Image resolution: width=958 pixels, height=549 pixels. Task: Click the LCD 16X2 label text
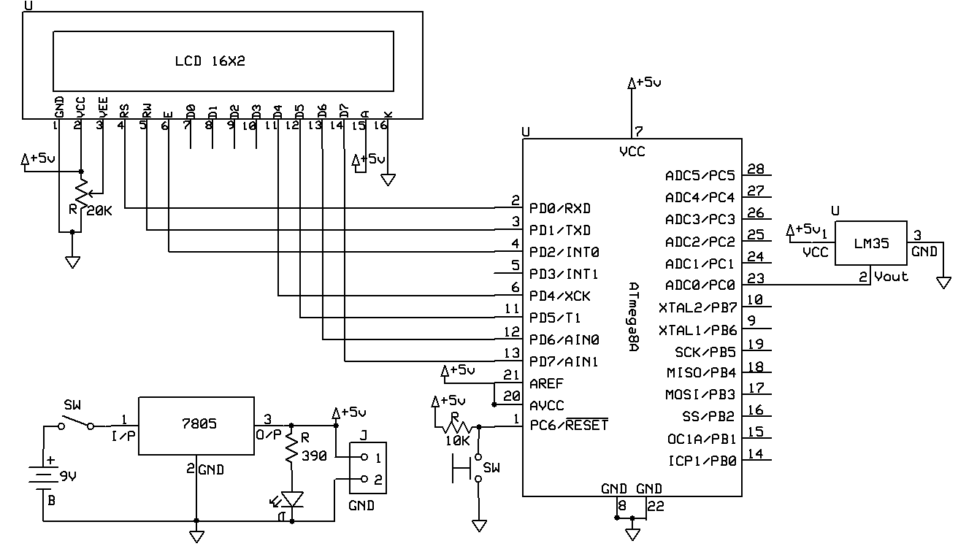tap(210, 61)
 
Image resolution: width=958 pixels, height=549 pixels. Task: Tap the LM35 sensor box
tap(870, 244)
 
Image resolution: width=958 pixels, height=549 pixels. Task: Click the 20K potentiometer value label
tap(100, 210)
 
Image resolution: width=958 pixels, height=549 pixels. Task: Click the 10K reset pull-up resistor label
tap(456, 441)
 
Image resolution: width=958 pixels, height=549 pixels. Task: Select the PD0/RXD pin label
tap(561, 209)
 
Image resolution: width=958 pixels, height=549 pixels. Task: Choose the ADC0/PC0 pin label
tap(700, 285)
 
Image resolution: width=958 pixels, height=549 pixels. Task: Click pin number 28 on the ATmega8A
tap(756, 169)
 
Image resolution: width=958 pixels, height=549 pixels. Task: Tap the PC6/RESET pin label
tap(569, 425)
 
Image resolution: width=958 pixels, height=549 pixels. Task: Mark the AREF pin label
tap(547, 383)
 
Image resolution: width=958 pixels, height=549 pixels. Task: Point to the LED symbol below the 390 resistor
tap(292, 500)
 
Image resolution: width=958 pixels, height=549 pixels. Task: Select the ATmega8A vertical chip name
tap(633, 317)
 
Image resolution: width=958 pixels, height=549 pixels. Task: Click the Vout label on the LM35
tap(891, 276)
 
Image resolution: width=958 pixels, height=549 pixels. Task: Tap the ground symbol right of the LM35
tap(943, 282)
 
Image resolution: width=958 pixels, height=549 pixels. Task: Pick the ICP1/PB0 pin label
tap(701, 460)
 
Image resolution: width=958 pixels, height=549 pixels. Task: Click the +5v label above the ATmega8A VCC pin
tap(648, 82)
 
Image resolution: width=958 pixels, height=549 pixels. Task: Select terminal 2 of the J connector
tap(365, 480)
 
